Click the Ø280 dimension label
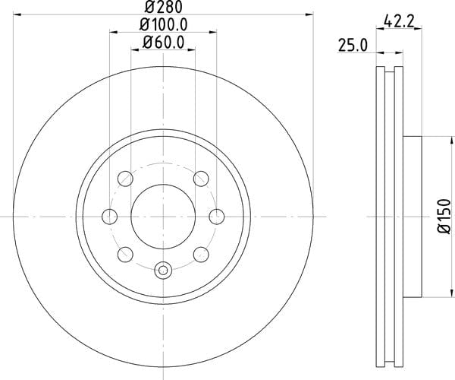click(163, 7)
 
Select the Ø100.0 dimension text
click(163, 25)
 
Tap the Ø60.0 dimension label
click(163, 43)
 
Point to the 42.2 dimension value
click(398, 21)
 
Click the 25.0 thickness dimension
click(353, 46)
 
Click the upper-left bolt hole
click(125, 179)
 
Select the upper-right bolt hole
click(201, 179)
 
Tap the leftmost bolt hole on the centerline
click(110, 217)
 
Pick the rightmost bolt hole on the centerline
click(217, 217)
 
